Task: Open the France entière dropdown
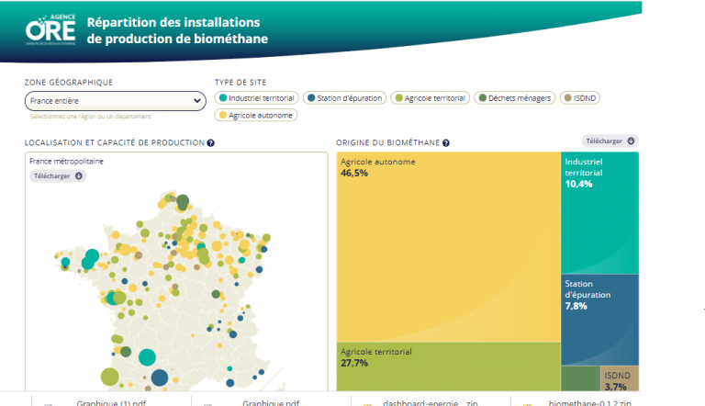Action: [115, 101]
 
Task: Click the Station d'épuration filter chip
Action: [344, 97]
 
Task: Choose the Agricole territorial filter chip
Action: [430, 97]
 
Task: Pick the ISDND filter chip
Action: [580, 97]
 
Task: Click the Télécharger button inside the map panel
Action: [58, 175]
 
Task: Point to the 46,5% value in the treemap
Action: [354, 173]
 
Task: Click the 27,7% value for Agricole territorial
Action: [354, 363]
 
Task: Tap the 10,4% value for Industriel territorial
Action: [579, 184]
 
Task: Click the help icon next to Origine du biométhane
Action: [446, 143]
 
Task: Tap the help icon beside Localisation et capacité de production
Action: [211, 143]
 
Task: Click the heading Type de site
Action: [240, 83]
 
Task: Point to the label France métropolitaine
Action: [66, 161]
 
